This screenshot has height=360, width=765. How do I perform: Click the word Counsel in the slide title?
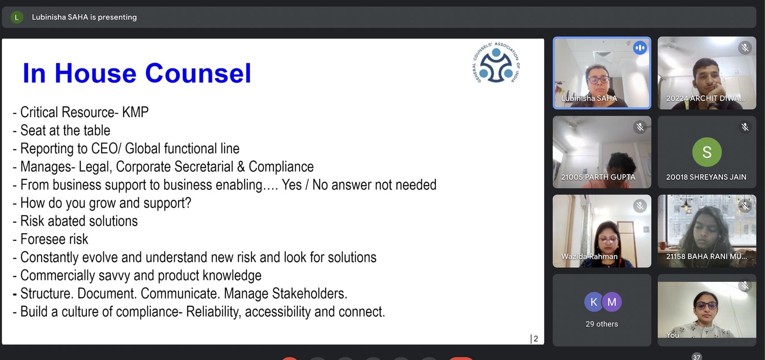coord(198,73)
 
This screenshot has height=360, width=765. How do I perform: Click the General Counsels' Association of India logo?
coord(496,63)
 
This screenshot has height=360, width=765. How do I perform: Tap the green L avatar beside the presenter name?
coord(17,17)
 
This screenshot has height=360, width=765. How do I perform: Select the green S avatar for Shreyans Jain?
coord(707,152)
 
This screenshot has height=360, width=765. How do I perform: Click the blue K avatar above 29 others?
coord(594,302)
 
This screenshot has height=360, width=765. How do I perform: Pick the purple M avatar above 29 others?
coord(612,302)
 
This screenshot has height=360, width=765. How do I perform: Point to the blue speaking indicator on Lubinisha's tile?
coord(640,48)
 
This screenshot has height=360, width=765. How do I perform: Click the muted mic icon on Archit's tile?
coord(745,48)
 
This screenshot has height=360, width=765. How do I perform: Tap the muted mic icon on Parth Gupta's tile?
coord(640,127)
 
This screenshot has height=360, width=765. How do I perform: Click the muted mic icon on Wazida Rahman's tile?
coord(640,206)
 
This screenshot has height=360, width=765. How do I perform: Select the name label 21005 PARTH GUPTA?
coord(598,177)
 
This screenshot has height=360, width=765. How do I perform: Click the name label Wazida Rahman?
coord(589,256)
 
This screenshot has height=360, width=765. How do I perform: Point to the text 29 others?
coord(602,324)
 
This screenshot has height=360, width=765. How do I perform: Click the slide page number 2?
coord(536,339)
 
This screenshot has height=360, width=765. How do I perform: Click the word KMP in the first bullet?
coord(135,112)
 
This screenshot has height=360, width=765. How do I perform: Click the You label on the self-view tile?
coord(672,335)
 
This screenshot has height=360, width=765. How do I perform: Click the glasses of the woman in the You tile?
coord(706,305)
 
